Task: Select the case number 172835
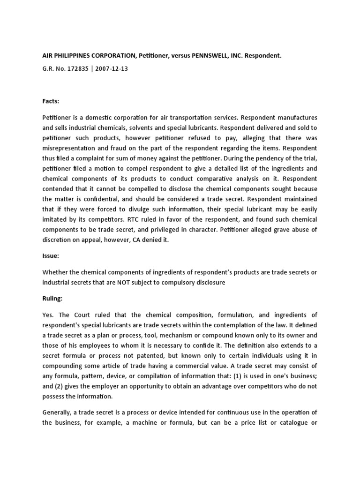(77, 68)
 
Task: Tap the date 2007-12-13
(113, 68)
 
